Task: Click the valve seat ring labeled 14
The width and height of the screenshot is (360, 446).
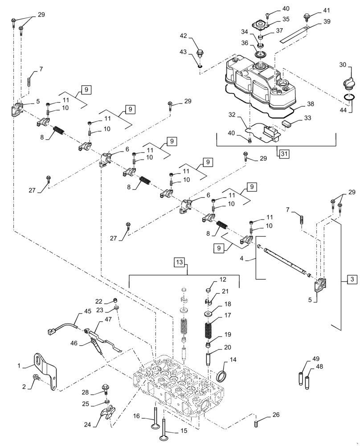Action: pos(221,376)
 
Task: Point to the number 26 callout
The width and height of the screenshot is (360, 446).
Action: pos(276,415)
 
